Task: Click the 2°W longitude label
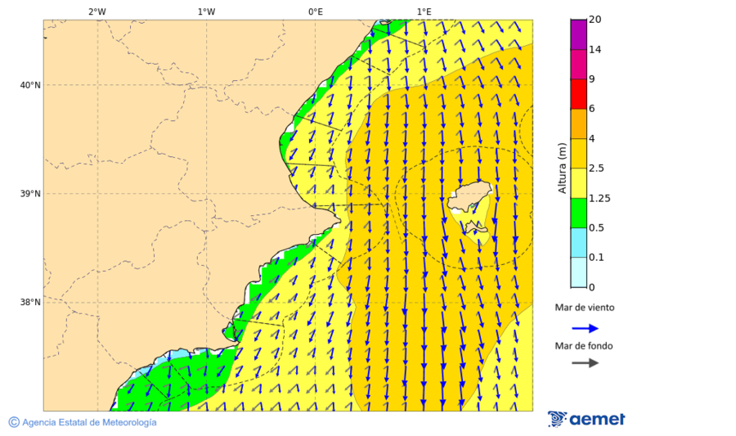click(96, 11)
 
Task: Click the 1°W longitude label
click(206, 11)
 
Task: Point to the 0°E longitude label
click(315, 11)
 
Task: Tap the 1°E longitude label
click(424, 11)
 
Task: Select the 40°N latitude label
click(30, 85)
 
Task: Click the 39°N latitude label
click(30, 194)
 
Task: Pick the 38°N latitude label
click(30, 303)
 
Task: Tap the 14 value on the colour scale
click(595, 50)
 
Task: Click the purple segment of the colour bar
click(578, 34)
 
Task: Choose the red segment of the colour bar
click(578, 94)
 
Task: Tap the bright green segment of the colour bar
click(578, 213)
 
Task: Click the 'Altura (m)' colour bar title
click(562, 168)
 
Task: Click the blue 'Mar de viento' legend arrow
click(585, 328)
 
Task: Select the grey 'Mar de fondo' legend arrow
click(585, 363)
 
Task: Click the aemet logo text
click(597, 419)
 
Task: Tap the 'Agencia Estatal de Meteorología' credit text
click(89, 422)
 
